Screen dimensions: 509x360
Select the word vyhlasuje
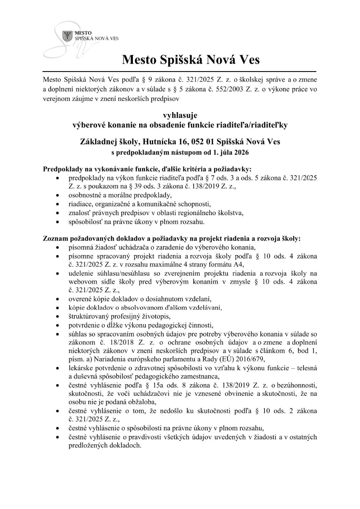(180, 116)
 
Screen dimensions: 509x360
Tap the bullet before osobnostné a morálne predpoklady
(58, 195)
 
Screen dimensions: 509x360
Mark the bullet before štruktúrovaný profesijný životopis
(58, 317)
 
